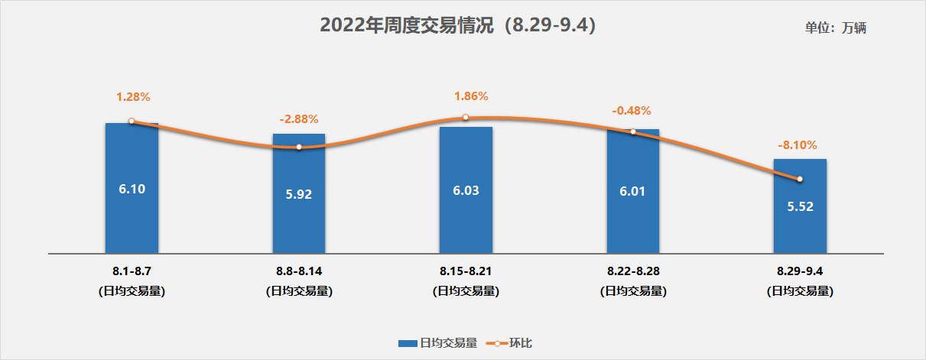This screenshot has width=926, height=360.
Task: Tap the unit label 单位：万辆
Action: (836, 28)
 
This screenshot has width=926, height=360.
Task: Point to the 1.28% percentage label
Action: (133, 97)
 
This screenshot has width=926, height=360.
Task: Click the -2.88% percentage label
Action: (299, 119)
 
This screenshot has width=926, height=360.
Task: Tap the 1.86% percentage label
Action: (470, 96)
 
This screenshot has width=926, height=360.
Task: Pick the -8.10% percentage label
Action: (798, 144)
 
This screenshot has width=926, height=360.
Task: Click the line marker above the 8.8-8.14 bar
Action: (299, 147)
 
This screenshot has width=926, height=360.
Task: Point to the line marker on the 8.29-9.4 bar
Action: (800, 179)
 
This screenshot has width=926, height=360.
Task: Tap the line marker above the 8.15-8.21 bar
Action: (466, 118)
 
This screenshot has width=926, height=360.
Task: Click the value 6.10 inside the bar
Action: (132, 188)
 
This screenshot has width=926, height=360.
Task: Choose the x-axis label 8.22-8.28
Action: (633, 271)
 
